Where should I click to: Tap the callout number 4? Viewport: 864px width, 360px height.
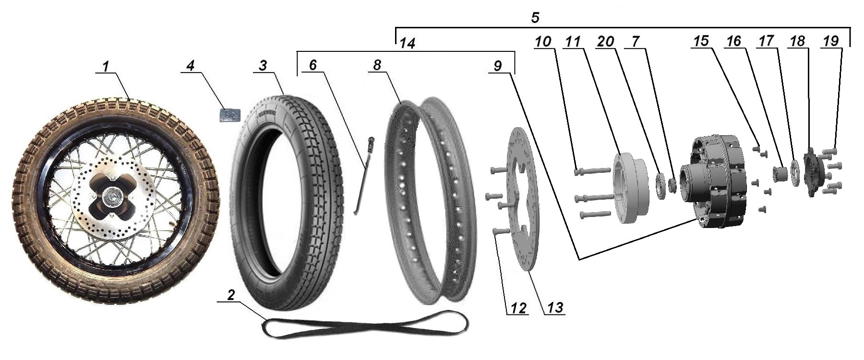pos(191,66)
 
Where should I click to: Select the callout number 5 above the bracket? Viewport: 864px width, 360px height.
pos(535,18)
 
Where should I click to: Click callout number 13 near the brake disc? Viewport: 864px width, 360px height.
pos(554,307)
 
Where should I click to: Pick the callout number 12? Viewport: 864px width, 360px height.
pos(518,307)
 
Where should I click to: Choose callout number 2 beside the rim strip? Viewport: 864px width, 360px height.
pos(230,296)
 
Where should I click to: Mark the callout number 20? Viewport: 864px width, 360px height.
pos(606,42)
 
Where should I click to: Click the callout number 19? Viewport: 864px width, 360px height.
pos(830,42)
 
